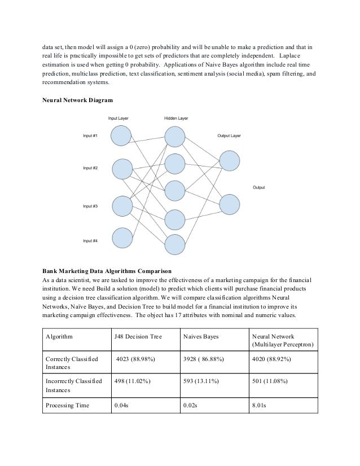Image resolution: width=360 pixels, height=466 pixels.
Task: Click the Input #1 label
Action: click(x=91, y=136)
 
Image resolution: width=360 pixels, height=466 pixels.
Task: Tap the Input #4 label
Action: click(x=91, y=241)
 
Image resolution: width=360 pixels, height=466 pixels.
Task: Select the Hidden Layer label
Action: click(x=175, y=118)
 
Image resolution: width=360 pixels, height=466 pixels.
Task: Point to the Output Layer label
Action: click(x=229, y=136)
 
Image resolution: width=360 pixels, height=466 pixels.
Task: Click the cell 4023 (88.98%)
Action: click(x=135, y=359)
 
